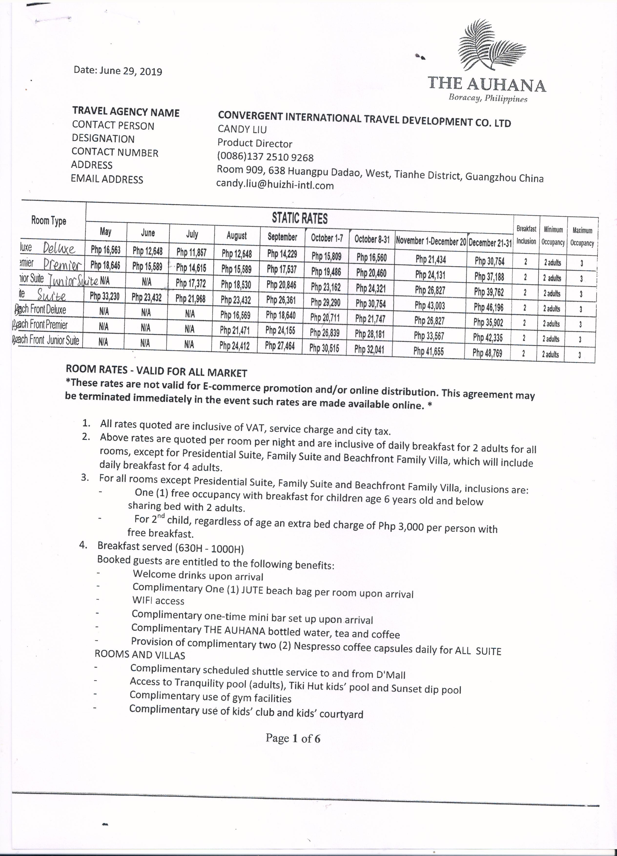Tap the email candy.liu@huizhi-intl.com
[x=275, y=185]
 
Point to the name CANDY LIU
[x=242, y=129]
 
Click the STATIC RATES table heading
[x=300, y=218]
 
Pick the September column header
[x=282, y=237]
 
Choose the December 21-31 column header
[x=490, y=243]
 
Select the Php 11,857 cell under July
[x=191, y=252]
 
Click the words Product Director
[x=255, y=144]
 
